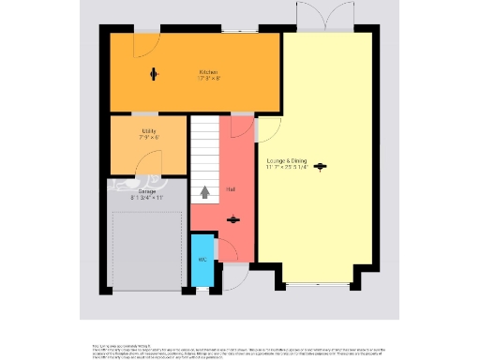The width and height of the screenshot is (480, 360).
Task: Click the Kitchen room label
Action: click(x=208, y=72)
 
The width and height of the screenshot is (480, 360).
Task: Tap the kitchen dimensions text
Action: click(x=208, y=79)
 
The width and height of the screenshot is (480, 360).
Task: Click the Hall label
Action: click(x=231, y=189)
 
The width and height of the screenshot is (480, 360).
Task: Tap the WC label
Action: click(x=202, y=261)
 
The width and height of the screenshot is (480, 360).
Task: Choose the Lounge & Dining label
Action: click(x=287, y=161)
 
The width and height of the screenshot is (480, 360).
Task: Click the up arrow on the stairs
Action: click(x=205, y=193)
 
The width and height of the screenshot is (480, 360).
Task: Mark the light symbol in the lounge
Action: click(x=321, y=167)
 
